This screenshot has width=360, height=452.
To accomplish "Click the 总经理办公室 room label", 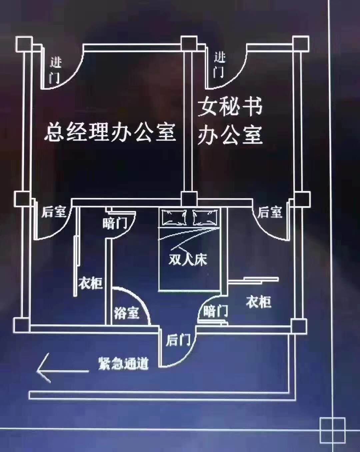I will pos(110,132).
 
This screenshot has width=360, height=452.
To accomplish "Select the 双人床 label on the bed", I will pos(188,260).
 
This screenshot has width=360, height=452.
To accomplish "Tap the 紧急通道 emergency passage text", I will pos(123,364).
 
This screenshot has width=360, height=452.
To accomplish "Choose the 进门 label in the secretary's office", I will pos(219,65).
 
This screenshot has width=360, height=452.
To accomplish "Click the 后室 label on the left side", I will pos(53,212).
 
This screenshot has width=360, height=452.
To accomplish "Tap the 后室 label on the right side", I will pos(270,212).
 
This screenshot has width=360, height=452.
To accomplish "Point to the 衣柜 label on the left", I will pos(90,284).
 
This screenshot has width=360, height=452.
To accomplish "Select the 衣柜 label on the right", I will pos(259,302).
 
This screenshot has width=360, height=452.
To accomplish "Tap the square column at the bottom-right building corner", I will pos(298,325).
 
